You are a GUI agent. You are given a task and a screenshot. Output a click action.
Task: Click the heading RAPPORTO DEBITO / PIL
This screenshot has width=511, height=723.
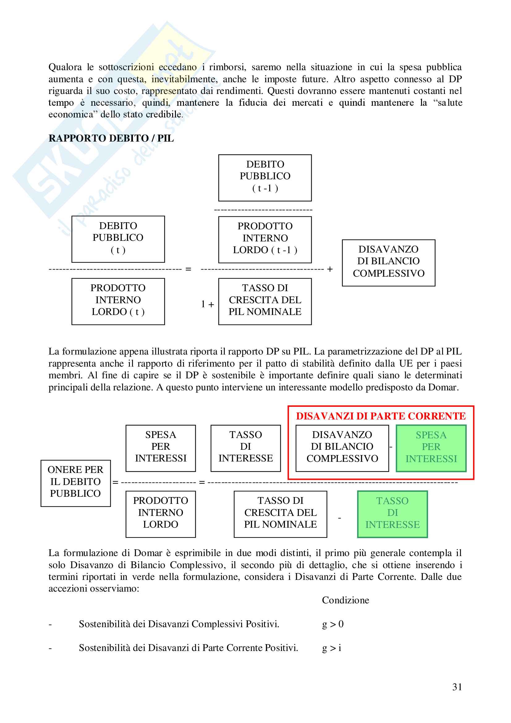tap(111, 138)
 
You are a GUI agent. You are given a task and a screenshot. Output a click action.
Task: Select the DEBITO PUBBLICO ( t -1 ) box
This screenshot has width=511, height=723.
tap(265, 178)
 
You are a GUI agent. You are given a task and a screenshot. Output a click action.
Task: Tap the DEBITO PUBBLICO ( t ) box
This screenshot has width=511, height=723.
tap(118, 239)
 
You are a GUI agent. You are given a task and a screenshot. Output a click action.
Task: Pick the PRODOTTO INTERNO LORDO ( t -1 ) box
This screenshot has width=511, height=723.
tap(265, 239)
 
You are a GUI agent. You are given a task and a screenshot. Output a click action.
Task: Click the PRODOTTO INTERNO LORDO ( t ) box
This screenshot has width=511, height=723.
tap(118, 301)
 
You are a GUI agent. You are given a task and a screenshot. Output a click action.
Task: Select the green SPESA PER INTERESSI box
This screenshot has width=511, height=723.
tap(431, 448)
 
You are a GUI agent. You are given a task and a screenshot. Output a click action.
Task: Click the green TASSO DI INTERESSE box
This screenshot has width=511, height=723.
tap(392, 514)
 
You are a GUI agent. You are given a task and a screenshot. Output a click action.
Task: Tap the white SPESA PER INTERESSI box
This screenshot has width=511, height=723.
tap(160, 448)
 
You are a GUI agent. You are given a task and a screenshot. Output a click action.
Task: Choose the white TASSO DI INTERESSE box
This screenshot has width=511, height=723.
tap(245, 448)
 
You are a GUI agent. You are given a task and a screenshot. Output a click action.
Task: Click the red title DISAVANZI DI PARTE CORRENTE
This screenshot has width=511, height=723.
tap(381, 416)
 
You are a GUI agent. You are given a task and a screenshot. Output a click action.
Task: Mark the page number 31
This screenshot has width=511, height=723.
tap(457, 687)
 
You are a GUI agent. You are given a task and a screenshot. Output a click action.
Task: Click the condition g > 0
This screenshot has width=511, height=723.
tap(333, 624)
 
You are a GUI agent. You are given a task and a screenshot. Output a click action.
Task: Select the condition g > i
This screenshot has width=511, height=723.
tap(331, 648)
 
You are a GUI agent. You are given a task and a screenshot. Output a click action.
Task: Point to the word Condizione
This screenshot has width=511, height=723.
tap(345, 600)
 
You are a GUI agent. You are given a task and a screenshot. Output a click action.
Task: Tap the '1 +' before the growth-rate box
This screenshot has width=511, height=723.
tap(207, 304)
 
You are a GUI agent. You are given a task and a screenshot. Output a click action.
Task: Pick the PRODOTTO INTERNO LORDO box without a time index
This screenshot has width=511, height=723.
tap(160, 514)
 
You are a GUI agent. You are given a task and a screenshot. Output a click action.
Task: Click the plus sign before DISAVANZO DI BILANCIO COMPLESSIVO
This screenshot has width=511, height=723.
tap(330, 269)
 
